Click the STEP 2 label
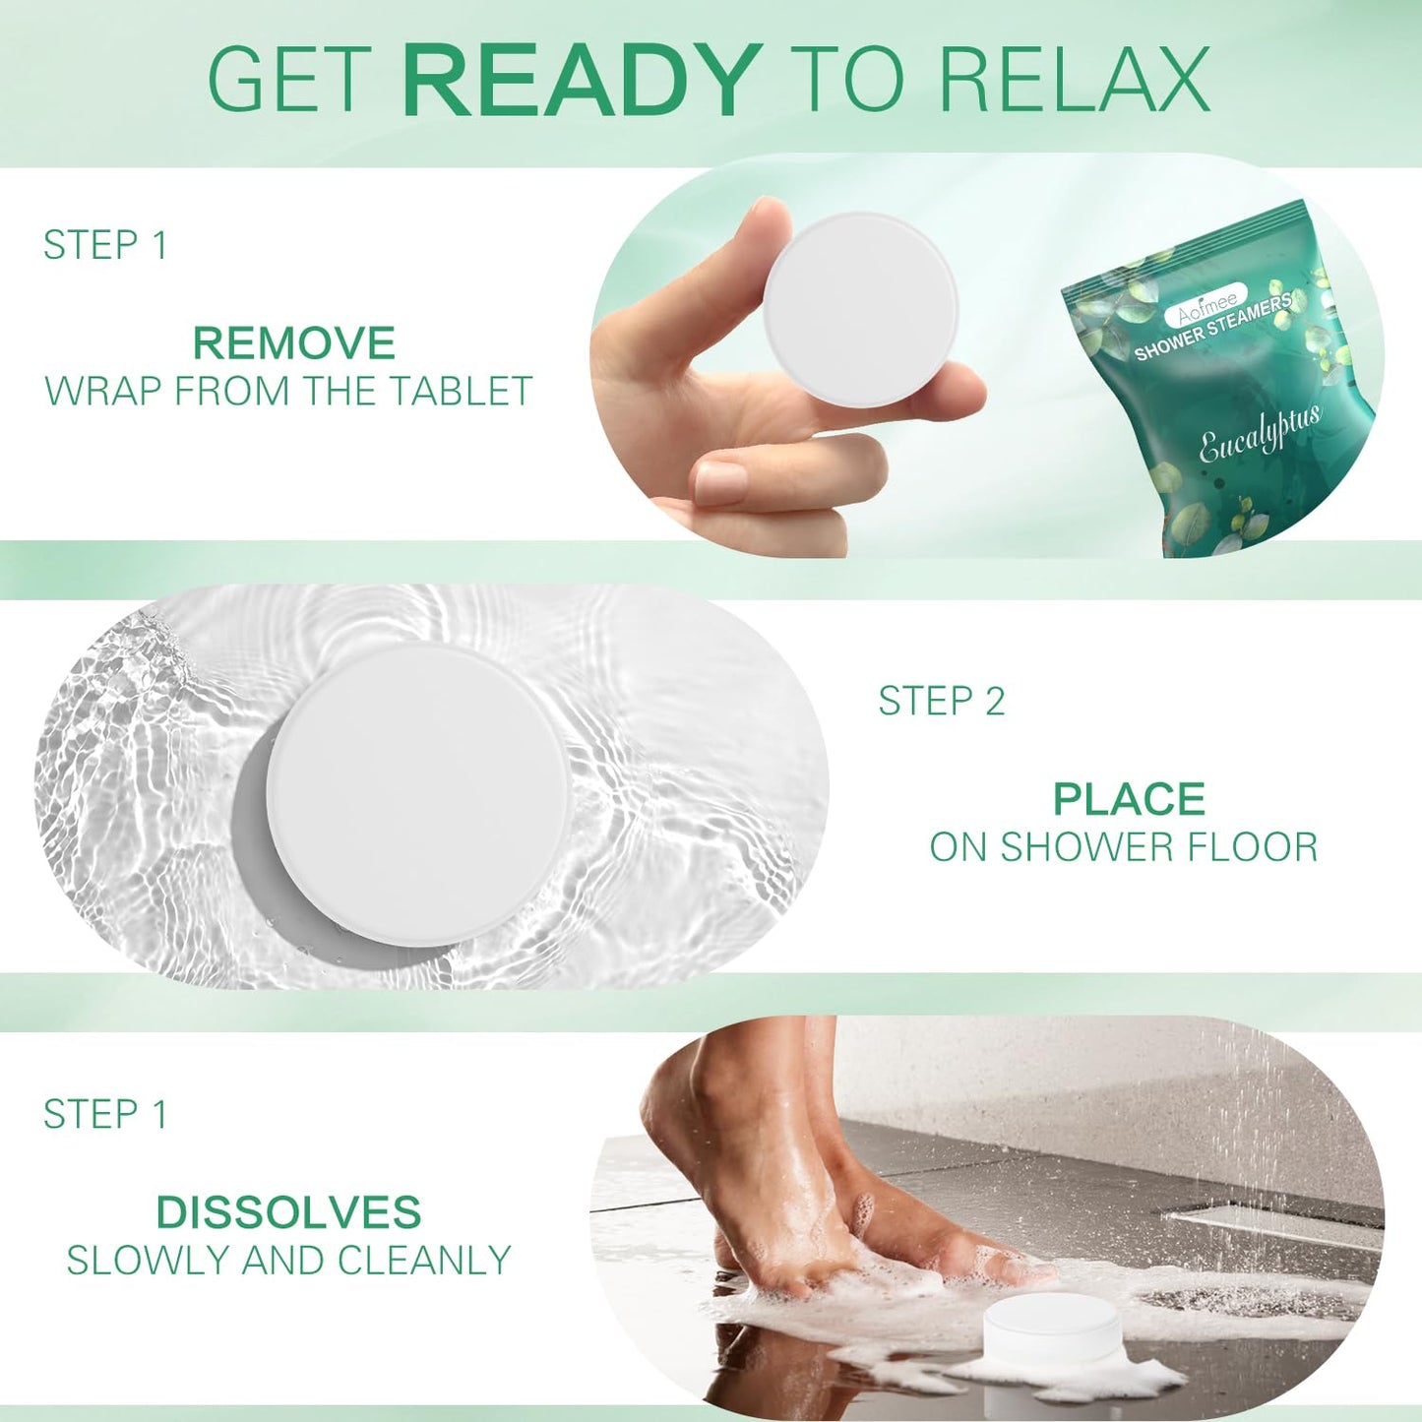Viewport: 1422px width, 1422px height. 942,702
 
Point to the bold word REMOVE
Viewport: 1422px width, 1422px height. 294,343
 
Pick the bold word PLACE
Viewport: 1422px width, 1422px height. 1129,799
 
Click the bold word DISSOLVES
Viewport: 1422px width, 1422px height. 289,1212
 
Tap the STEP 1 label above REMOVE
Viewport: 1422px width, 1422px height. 105,245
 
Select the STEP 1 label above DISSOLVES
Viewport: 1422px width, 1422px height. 105,1115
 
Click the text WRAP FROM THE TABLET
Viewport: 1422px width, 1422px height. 288,392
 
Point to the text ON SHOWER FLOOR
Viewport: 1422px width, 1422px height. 1124,847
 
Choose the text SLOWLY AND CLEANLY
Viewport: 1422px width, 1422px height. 289,1261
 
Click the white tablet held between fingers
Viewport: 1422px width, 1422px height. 859,307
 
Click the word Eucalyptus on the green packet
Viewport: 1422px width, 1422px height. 1260,434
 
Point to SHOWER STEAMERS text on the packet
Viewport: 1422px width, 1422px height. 1213,329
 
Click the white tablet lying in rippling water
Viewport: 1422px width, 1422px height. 419,794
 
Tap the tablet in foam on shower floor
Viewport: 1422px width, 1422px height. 1050,1326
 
